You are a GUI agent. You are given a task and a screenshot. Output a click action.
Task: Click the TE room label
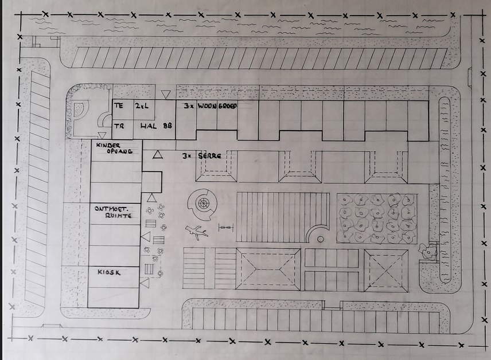[x=119, y=105]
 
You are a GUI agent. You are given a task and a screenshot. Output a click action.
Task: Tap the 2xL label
[x=142, y=106]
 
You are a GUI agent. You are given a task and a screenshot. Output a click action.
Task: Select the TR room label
[x=119, y=126]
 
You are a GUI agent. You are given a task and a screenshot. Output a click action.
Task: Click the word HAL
[x=149, y=126]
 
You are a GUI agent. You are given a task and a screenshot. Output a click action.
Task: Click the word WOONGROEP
[x=217, y=106]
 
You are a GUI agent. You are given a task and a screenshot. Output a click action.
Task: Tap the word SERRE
[x=210, y=155]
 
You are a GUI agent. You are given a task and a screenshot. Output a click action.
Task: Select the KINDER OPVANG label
[x=114, y=148]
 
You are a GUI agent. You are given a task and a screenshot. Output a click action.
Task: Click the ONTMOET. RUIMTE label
[x=113, y=212]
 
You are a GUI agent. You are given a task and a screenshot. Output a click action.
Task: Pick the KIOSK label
[x=108, y=272]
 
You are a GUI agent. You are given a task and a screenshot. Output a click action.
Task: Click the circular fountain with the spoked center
[x=202, y=204]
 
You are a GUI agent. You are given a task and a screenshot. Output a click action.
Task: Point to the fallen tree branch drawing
[x=196, y=232]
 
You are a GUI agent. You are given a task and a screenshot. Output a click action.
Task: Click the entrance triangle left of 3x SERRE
[x=158, y=155]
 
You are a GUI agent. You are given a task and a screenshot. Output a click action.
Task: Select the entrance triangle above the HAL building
[x=166, y=94]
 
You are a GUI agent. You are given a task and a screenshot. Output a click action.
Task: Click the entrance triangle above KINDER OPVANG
[x=102, y=135]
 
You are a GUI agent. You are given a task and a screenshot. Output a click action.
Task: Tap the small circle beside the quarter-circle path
[x=320, y=239]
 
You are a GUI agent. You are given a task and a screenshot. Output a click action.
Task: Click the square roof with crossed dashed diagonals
[x=386, y=271]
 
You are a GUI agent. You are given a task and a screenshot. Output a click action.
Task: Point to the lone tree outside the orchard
[x=427, y=250]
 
